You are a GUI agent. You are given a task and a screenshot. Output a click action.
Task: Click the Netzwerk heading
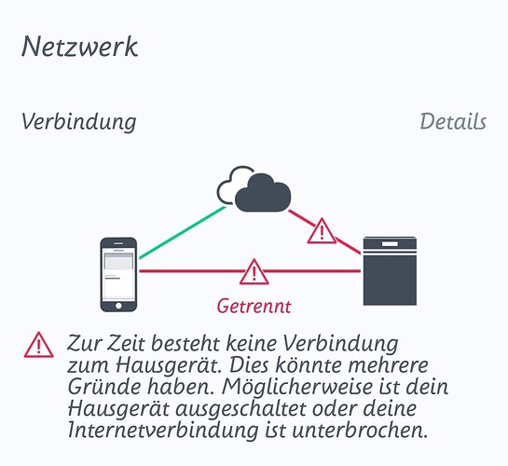pos(80,47)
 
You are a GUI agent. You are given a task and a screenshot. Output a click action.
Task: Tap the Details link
pos(453,122)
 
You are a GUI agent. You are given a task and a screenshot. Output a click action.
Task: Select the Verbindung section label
pos(78,122)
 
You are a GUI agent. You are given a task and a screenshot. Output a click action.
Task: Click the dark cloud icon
pos(263,193)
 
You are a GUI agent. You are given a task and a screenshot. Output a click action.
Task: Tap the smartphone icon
pos(118,275)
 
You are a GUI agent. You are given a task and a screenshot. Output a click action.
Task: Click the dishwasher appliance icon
pos(390,271)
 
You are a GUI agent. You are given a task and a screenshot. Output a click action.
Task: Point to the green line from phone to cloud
pos(183,232)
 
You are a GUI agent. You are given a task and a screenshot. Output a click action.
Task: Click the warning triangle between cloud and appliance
pos(322,231)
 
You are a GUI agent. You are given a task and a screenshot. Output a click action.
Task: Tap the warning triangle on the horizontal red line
pos(254,272)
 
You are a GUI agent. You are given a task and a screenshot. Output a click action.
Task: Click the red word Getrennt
pos(254,306)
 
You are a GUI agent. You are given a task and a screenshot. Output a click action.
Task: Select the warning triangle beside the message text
pos(39,345)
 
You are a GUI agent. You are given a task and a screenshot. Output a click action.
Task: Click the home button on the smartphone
pos(118,306)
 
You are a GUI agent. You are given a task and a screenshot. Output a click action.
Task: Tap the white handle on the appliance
pos(390,243)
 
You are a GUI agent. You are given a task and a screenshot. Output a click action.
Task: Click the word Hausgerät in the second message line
pos(167,366)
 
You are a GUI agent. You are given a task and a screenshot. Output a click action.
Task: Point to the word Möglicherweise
pos(297,388)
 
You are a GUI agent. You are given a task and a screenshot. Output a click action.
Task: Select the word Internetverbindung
pos(164,431)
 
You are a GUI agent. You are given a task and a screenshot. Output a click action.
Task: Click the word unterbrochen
pos(361,431)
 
